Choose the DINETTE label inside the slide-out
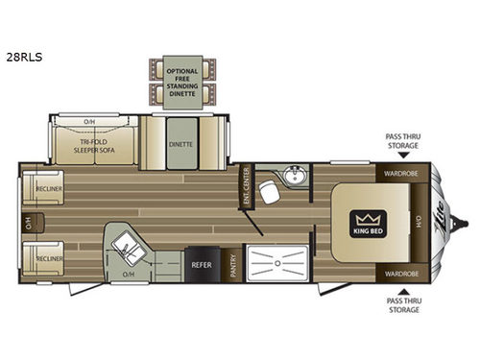point(180,144)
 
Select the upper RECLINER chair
point(41,188)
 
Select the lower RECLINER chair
point(41,258)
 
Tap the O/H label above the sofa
point(88,122)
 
